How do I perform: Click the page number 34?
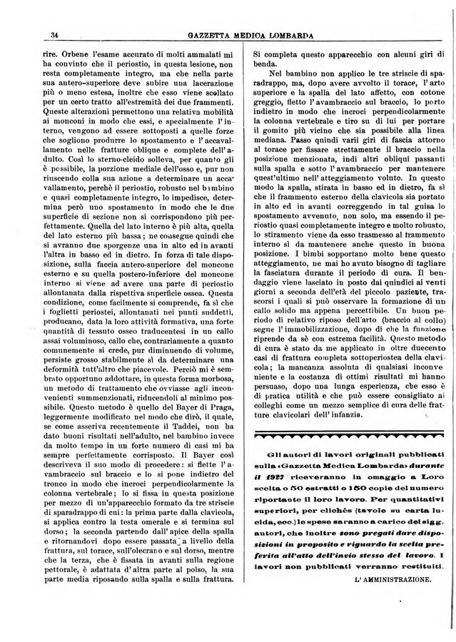54,36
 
